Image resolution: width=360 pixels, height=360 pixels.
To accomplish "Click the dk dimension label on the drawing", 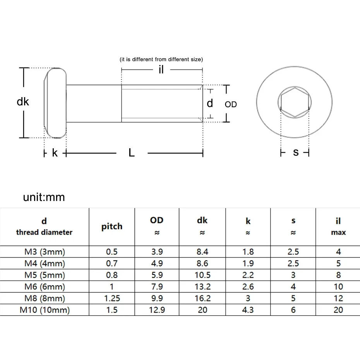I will pos(23,102).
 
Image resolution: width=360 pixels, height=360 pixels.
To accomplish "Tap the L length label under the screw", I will pos(132,153).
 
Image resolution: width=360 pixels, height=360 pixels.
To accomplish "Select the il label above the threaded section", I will pos(161,70).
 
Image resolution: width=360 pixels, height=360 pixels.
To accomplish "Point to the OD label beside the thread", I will pos(231,105).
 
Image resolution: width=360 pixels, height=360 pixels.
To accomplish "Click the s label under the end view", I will pos(296,152).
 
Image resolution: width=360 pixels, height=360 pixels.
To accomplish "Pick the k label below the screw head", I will pos(55,153).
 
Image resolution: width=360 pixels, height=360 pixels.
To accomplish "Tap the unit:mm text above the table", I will pos(44,197).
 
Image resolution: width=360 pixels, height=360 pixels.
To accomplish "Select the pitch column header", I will pos(112,226).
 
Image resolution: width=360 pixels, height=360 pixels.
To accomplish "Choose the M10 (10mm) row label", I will pos(44,310).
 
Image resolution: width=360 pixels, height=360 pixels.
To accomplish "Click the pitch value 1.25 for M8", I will pos(112,298).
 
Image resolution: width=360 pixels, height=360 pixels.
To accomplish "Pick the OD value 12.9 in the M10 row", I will pos(157,310).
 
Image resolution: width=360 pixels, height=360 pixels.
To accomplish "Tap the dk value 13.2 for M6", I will pos(202,287).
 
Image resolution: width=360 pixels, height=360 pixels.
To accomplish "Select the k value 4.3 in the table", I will pos(248,310).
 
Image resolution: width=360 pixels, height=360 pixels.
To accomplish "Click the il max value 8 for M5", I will pos(338,275).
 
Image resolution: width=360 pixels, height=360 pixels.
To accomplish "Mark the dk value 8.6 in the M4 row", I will pos(202,264).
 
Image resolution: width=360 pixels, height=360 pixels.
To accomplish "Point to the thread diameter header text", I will pos(44,232).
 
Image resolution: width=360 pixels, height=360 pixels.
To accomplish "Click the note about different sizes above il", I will pos(161,59).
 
